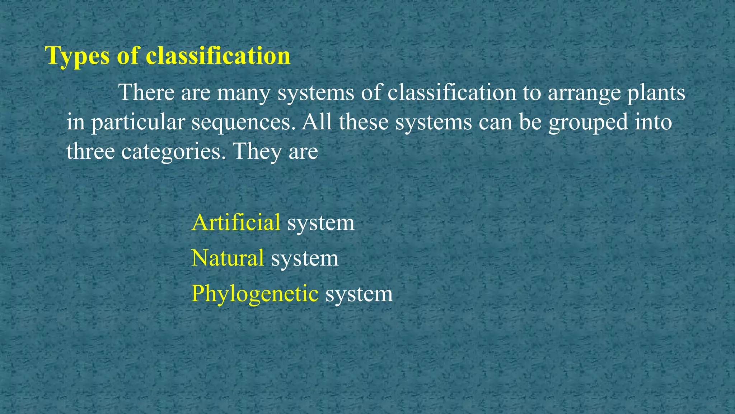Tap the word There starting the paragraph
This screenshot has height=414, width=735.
point(146,92)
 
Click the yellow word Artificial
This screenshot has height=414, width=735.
point(236,222)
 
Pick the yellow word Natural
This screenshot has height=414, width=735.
point(228,258)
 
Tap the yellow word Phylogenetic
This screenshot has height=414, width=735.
point(255,294)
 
